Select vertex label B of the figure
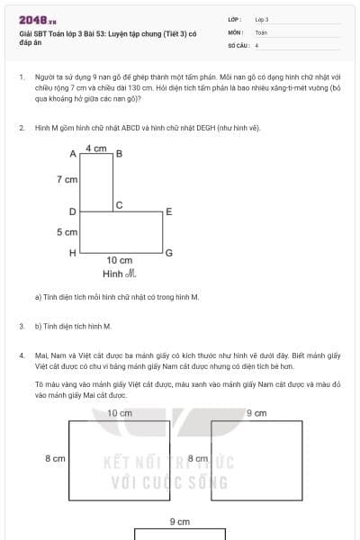(119, 155)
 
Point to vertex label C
(118, 204)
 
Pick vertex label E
(168, 212)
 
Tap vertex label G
(168, 253)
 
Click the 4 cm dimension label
(96, 147)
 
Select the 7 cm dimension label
(67, 180)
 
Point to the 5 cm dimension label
(67, 232)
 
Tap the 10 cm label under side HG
(119, 261)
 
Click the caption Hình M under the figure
(119, 274)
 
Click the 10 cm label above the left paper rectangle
(119, 413)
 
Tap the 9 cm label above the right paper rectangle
(256, 413)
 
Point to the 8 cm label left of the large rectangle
(55, 459)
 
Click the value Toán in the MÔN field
(261, 31)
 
